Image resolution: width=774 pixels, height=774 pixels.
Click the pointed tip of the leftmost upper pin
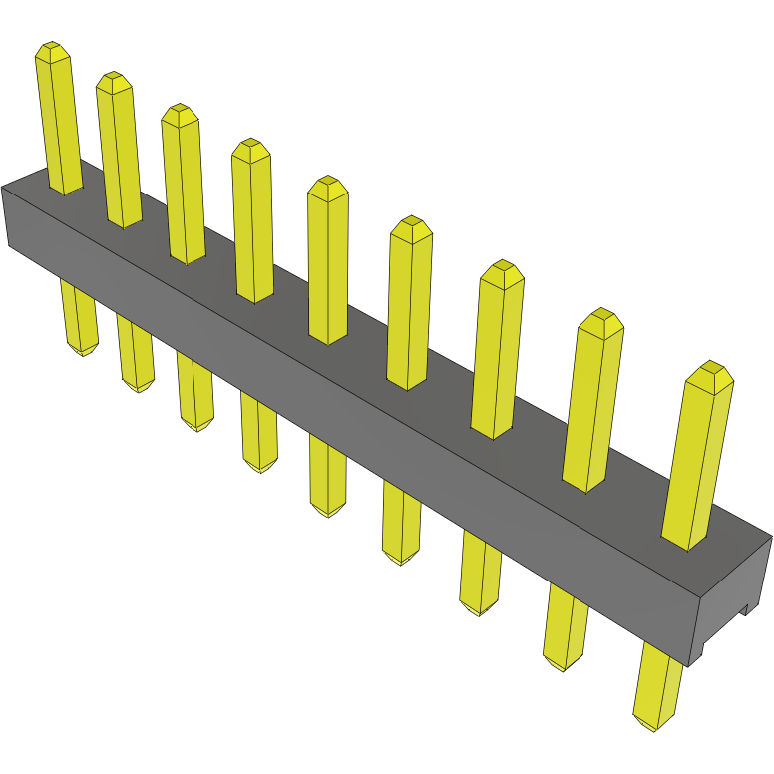[x=51, y=49]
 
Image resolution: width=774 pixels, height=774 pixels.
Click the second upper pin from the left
[x=118, y=150]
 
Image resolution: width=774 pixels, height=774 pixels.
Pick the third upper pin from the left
[x=184, y=185]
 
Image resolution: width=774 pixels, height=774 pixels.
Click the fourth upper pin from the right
[x=410, y=304]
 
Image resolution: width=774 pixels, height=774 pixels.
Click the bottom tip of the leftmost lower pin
[x=83, y=350]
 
